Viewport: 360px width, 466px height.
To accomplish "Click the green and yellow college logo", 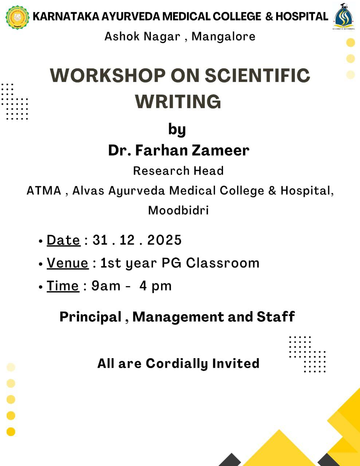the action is coord(17,17).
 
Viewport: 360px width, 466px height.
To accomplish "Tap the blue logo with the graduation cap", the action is coord(343,16).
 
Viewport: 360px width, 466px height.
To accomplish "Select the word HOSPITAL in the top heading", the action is coord(302,16).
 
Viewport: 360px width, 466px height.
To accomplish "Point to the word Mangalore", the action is coord(223,36).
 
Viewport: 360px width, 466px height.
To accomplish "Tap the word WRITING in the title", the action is coord(178,101).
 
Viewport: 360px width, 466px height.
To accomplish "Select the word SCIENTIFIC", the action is coord(258,75).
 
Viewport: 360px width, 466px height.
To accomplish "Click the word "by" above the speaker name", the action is coord(177,130).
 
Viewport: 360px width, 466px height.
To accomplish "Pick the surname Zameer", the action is coord(220,150).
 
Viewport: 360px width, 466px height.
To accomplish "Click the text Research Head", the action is coord(178,171).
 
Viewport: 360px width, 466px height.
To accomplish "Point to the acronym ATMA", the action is coord(44,191).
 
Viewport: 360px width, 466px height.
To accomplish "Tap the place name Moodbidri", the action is coord(178,210).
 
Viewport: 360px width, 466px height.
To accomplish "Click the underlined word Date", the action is coord(63,240).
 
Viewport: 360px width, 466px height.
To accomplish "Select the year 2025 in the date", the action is coord(164,240).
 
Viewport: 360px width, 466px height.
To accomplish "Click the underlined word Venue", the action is coord(67,263).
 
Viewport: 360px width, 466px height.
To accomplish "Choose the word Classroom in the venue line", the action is coord(223,263).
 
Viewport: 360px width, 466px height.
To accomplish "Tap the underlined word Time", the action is coord(63,286).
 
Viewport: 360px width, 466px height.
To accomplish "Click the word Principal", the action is coord(90,317).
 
